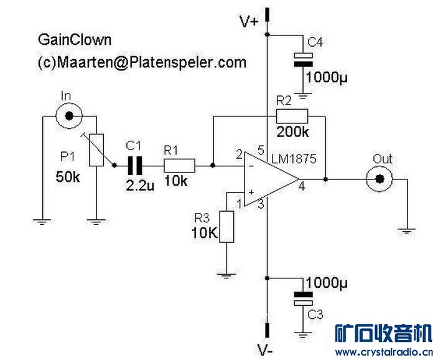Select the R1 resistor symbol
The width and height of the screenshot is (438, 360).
(x=179, y=166)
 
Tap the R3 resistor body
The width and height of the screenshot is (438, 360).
(x=227, y=227)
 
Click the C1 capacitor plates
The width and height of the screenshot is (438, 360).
(x=135, y=166)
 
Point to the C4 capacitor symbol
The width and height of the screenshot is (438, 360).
(x=303, y=60)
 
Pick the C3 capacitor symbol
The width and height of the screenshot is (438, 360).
(x=303, y=299)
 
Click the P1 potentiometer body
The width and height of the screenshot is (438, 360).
(x=96, y=149)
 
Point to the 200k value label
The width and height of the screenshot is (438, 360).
(x=292, y=132)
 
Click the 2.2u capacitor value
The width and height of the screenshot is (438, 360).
(x=140, y=186)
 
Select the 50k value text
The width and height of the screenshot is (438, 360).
(x=68, y=177)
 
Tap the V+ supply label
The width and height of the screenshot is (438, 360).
(x=249, y=21)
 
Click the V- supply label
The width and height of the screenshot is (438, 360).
(x=265, y=349)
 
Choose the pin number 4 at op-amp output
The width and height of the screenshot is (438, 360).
(x=301, y=186)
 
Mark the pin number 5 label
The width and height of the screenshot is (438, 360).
(x=260, y=151)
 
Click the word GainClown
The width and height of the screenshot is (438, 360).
(x=75, y=40)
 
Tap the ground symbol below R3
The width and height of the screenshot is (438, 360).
(x=226, y=275)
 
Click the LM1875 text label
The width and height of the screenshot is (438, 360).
(x=294, y=159)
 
